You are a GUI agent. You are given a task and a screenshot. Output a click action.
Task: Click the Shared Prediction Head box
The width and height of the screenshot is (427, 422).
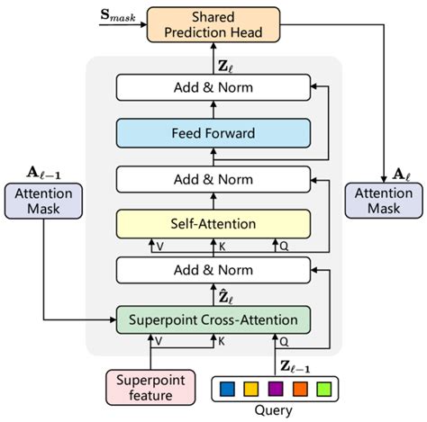213,25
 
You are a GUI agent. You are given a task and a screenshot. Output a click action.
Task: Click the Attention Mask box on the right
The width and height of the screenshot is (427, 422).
384,206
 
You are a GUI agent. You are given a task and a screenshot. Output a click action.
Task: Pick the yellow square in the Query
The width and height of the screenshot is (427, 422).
253,389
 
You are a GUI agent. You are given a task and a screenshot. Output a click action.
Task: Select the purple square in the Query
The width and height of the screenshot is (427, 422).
277,389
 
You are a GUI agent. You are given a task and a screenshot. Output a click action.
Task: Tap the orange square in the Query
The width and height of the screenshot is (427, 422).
300,389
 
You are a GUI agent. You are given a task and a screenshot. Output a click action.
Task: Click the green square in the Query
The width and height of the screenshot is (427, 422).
323,389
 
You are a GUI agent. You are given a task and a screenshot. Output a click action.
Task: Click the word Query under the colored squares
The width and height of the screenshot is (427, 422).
277,411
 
